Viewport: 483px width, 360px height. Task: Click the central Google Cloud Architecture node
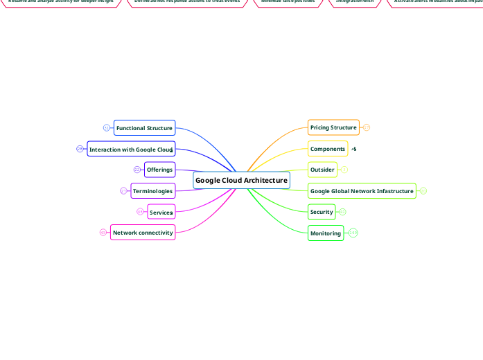tap(241, 181)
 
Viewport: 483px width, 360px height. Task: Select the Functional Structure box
tap(144, 128)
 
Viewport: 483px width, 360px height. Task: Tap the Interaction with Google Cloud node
tap(131, 150)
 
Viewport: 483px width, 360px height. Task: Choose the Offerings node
tap(159, 170)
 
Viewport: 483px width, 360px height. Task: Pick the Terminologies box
tap(152, 191)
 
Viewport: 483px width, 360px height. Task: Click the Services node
tap(161, 212)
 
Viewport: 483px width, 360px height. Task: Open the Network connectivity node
tap(142, 233)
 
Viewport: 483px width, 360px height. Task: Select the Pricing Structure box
tap(333, 127)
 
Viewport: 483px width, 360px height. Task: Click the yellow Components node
tap(328, 149)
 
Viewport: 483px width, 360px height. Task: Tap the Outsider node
tap(322, 170)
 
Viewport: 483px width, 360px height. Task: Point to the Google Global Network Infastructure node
tap(362, 191)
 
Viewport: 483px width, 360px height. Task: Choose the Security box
tap(322, 212)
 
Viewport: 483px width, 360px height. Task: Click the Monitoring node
tap(326, 233)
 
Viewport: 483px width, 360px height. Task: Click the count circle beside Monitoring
tap(353, 233)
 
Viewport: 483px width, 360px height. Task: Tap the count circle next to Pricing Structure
tap(367, 127)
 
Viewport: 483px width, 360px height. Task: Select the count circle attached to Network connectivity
tap(103, 233)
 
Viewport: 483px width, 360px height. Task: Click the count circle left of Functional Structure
tap(106, 128)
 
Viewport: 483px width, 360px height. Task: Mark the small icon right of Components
tap(353, 149)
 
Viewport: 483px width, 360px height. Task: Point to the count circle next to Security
tap(342, 212)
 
